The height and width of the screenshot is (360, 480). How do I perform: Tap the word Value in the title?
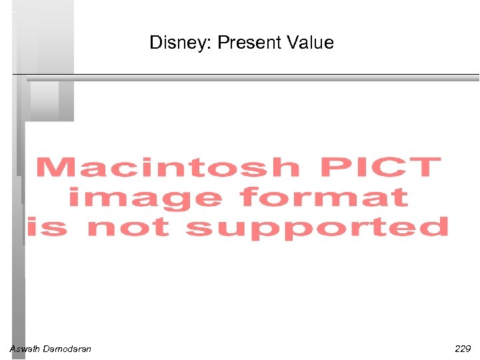point(310,43)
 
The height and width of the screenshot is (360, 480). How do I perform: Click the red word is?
point(48,227)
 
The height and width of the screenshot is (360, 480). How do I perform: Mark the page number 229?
point(462,349)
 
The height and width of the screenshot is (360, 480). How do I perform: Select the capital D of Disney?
point(155,43)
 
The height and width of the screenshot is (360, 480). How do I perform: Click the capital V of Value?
point(293,43)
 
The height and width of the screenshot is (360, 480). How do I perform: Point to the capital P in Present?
point(223,43)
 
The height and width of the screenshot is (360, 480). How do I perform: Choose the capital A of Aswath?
point(13,349)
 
